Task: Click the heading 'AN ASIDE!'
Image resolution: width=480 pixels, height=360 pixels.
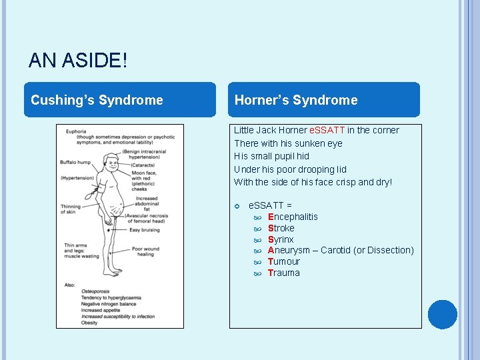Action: click(77, 61)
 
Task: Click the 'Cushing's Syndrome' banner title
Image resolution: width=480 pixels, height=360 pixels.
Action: click(97, 100)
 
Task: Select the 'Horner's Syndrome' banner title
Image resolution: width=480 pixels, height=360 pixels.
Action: click(296, 100)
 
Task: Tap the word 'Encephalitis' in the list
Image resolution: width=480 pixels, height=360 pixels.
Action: click(293, 217)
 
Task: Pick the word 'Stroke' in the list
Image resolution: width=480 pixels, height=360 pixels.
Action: click(281, 228)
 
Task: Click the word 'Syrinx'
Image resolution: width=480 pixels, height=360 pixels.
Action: click(281, 239)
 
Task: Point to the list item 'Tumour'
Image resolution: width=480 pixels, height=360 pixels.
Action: click(284, 261)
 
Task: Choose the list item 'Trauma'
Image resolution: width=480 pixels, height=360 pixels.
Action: click(284, 273)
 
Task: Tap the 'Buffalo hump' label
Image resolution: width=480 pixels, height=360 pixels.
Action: click(75, 162)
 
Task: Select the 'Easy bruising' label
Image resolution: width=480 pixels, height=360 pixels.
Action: click(145, 230)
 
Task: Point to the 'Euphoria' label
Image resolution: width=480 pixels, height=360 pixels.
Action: click(76, 131)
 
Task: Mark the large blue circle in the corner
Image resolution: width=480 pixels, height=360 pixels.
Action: click(443, 315)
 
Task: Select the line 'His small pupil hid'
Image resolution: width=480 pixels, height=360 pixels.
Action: click(271, 156)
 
